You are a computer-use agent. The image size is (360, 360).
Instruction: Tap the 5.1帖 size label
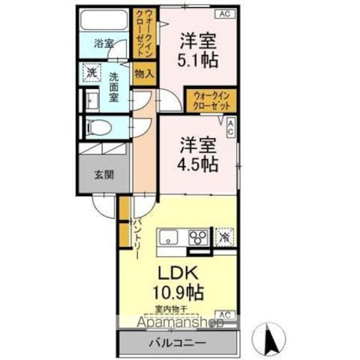click(199, 58)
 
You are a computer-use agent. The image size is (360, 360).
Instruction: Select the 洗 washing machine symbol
click(91, 73)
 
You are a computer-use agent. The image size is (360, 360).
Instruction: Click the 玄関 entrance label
click(104, 174)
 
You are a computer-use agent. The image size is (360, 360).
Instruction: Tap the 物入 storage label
click(145, 74)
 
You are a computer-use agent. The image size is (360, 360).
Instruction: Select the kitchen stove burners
click(197, 236)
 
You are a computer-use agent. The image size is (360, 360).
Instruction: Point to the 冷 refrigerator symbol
click(225, 236)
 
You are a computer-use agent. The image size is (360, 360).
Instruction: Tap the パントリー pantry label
click(136, 239)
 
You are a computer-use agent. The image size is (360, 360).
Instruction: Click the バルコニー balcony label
click(177, 343)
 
